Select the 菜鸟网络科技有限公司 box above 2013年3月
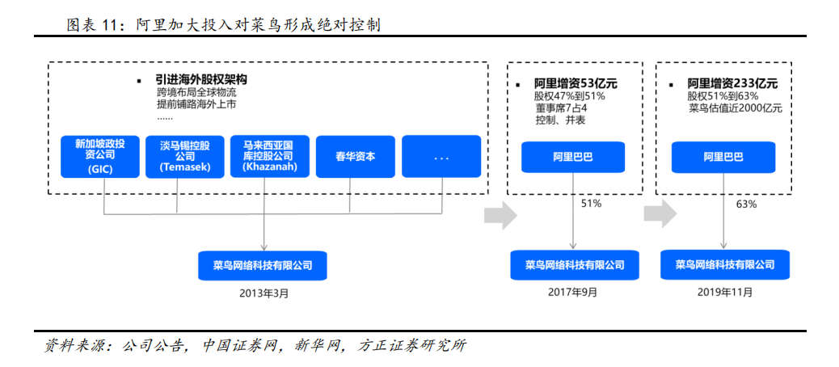tap(262, 265)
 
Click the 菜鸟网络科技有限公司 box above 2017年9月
tap(574, 265)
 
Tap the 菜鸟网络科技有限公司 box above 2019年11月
tap(724, 265)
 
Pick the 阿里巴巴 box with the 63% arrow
tap(723, 157)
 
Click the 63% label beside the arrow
tap(746, 204)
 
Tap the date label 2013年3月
tap(264, 293)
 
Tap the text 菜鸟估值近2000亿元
tap(736, 108)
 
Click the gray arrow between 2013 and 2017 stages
tap(500, 215)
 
